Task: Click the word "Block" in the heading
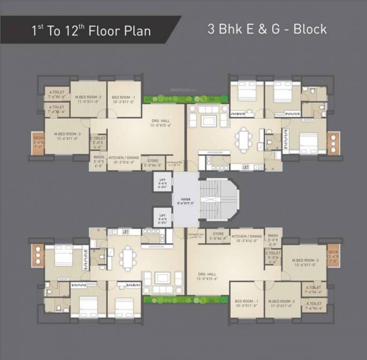310,29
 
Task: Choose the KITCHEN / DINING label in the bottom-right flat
246,239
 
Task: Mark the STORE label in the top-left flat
152,162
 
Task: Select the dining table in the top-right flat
244,139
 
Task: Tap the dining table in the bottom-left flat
127,259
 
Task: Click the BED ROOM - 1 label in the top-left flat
124,99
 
